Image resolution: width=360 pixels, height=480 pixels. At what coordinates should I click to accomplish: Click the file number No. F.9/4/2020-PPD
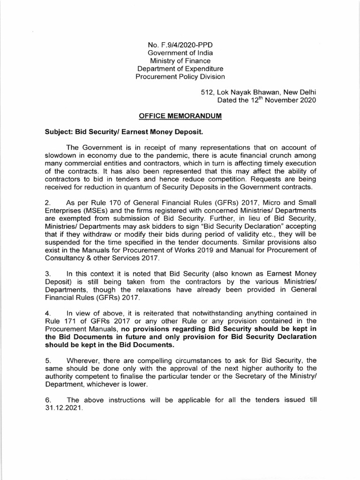point(180,45)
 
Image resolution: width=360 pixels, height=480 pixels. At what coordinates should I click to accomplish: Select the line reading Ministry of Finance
point(180,60)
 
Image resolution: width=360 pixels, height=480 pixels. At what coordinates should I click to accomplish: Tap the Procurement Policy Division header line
point(180,76)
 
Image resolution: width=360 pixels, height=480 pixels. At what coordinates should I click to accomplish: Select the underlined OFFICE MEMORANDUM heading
point(180,116)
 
